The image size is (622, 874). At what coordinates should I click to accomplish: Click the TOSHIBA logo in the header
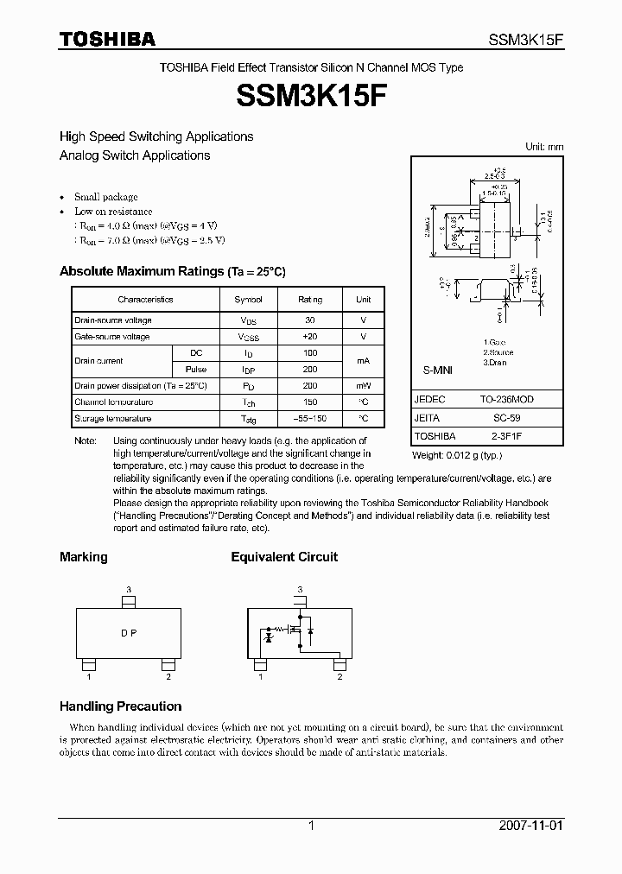(107, 39)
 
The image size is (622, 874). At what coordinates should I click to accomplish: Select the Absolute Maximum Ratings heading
(172, 271)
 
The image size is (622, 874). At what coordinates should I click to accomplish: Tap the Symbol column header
(249, 300)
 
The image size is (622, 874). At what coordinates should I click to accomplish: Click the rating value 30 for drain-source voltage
(310, 320)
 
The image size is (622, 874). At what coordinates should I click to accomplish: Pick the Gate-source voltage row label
(112, 337)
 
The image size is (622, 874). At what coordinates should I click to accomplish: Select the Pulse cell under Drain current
(196, 369)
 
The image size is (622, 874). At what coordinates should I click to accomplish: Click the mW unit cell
(363, 386)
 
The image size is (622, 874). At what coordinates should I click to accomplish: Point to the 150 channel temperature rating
(310, 402)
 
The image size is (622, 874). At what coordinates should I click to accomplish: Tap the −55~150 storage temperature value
(310, 419)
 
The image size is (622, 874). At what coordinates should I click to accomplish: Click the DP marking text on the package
(129, 633)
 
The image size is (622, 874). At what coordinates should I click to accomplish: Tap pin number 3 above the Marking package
(129, 590)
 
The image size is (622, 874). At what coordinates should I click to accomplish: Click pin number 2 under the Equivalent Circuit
(340, 677)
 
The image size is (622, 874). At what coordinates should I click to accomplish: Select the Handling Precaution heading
(120, 706)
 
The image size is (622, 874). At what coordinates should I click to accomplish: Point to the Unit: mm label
(544, 147)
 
